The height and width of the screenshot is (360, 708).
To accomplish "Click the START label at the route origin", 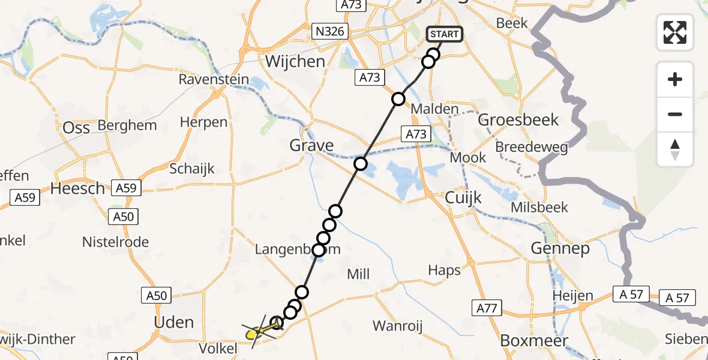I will [444, 34].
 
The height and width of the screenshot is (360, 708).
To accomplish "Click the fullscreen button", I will [675, 32].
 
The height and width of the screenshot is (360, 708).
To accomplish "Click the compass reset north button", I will [675, 149].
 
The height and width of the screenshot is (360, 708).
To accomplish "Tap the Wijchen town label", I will [295, 62].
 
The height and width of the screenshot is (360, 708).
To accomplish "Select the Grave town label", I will [311, 145].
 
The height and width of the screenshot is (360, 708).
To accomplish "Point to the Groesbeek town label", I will [518, 120].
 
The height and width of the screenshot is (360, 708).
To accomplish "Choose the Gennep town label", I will [560, 248].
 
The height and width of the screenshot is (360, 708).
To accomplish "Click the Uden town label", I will [174, 322].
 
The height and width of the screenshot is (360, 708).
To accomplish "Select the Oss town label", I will [76, 128].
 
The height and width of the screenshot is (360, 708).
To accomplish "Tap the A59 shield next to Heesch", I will [125, 188].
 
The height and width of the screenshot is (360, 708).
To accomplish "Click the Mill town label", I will [358, 275].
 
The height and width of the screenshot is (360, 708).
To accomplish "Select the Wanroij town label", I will [398, 326].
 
